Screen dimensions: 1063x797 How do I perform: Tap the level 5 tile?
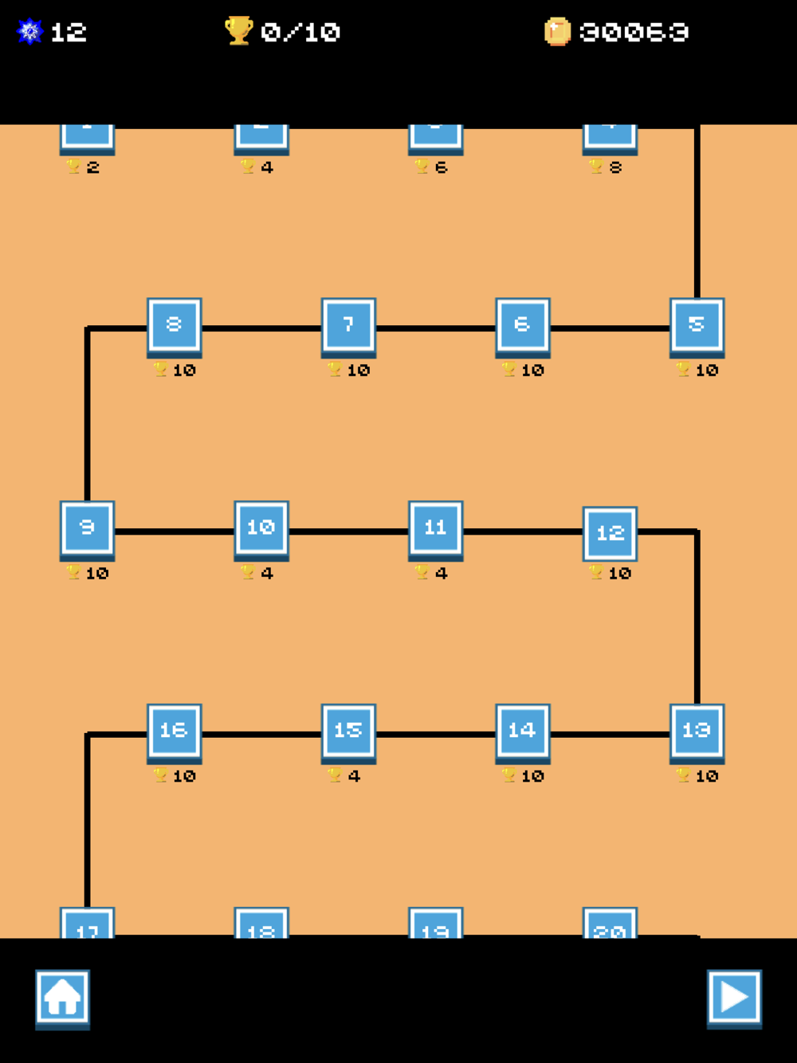click(697, 325)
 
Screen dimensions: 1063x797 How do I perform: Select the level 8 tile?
click(174, 325)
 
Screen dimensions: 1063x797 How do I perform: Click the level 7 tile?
click(348, 325)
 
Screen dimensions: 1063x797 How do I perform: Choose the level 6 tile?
click(523, 325)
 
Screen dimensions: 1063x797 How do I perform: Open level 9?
click(87, 528)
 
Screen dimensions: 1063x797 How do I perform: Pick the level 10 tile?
click(261, 528)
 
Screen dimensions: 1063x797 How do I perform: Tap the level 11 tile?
click(435, 528)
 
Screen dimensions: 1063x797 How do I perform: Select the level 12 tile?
click(610, 533)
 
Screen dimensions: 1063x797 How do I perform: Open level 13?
click(697, 731)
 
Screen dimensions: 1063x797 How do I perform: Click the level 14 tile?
click(523, 731)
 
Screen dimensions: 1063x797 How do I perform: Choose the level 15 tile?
click(348, 731)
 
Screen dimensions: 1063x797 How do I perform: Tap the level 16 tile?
click(174, 731)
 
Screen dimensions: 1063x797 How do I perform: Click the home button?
click(62, 998)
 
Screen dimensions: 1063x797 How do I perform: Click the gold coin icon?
click(557, 32)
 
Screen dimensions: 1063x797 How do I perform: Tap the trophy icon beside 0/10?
click(238, 31)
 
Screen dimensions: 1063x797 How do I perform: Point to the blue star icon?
click(30, 32)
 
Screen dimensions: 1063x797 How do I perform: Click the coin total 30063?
click(634, 32)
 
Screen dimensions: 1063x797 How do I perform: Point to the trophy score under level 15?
click(345, 776)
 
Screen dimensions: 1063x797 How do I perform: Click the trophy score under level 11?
click(432, 573)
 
